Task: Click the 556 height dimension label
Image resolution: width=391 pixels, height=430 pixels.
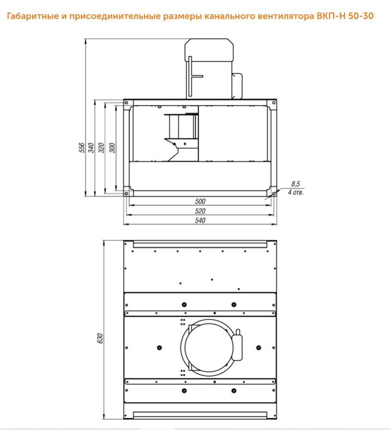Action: click(82, 147)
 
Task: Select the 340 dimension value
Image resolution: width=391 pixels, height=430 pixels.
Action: click(91, 147)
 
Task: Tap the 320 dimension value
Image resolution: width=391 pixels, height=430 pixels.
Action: click(101, 148)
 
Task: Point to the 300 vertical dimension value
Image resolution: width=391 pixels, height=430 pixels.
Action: click(112, 148)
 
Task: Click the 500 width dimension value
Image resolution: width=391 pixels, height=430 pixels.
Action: click(200, 202)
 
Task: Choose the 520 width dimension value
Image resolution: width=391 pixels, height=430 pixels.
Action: click(200, 211)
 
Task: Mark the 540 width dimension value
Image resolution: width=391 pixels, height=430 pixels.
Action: click(200, 220)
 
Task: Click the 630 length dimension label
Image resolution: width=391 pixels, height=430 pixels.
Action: click(100, 338)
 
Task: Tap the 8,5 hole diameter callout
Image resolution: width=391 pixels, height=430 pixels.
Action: click(296, 184)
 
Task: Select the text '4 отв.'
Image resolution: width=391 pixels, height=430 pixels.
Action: click(296, 192)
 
